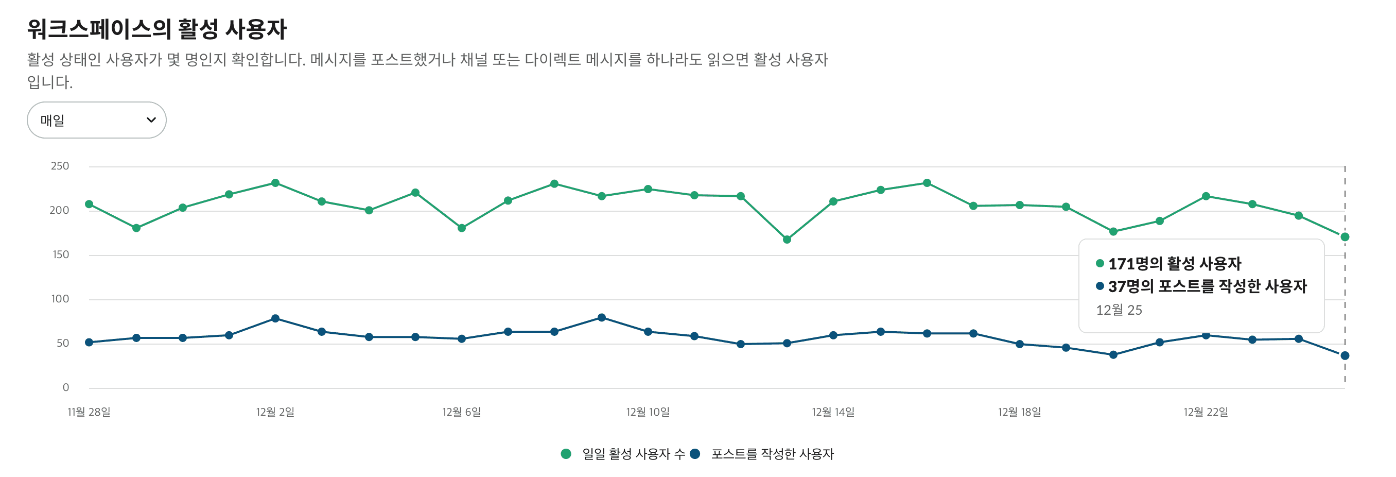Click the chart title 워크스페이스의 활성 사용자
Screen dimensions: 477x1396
pos(156,29)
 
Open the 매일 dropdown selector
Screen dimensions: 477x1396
pos(96,120)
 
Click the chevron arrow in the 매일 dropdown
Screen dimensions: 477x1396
pos(151,120)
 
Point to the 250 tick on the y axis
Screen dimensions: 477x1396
pos(60,166)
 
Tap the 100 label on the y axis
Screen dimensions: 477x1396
pos(60,299)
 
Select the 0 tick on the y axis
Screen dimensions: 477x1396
pos(65,387)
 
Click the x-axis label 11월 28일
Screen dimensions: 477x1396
pos(89,412)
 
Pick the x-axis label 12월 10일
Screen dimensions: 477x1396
pos(648,412)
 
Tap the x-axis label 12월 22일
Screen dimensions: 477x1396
pos(1205,412)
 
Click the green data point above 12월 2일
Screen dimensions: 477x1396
pos(275,183)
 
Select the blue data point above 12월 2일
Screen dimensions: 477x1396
pos(275,319)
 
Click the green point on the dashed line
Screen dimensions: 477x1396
pos(1345,237)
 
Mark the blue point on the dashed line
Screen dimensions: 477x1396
pos(1345,355)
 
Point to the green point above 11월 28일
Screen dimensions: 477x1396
pos(90,205)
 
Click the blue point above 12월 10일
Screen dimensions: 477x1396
pos(648,332)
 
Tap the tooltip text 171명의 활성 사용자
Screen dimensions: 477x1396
pos(1174,264)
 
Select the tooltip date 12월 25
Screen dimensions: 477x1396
pos(1119,310)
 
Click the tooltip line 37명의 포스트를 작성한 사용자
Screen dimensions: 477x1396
pos(1207,286)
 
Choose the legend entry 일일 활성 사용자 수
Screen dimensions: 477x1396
pos(633,454)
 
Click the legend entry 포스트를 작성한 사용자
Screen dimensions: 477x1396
pos(772,454)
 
